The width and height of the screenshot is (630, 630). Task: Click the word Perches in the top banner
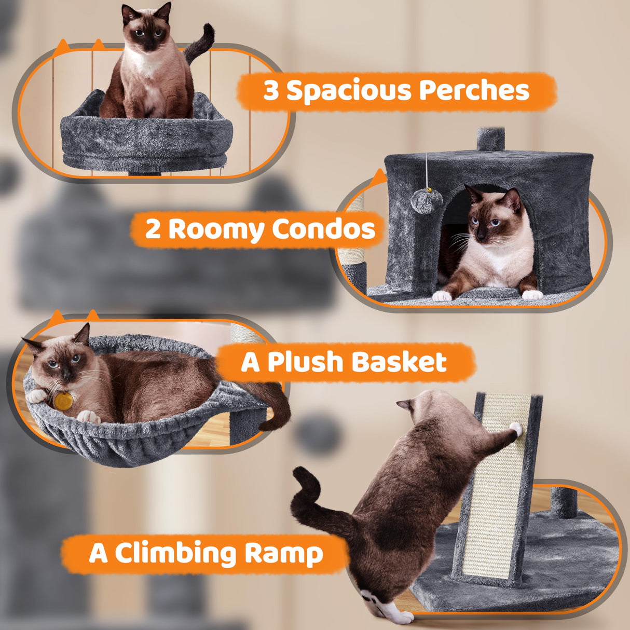(x=474, y=91)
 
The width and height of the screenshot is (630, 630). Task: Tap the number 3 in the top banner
(x=271, y=91)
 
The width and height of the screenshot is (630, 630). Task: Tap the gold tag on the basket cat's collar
(x=65, y=401)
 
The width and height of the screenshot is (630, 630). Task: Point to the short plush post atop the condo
(x=490, y=139)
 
